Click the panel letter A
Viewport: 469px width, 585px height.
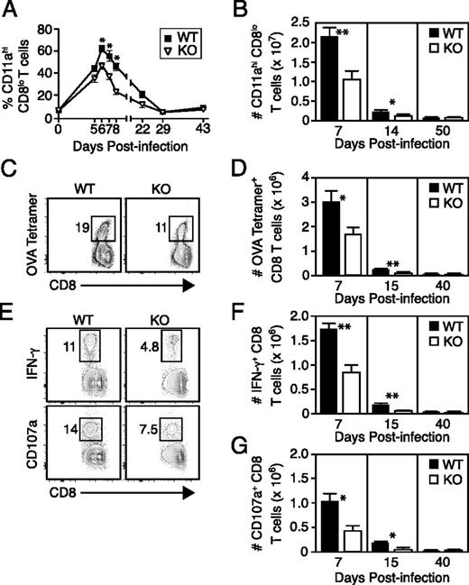point(10,11)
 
